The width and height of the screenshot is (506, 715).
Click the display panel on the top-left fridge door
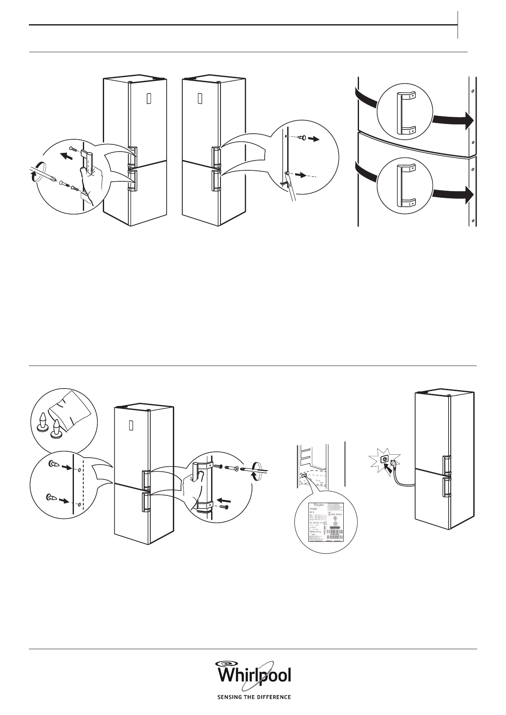click(148, 99)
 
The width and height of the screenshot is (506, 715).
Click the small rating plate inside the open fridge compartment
click(304, 476)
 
